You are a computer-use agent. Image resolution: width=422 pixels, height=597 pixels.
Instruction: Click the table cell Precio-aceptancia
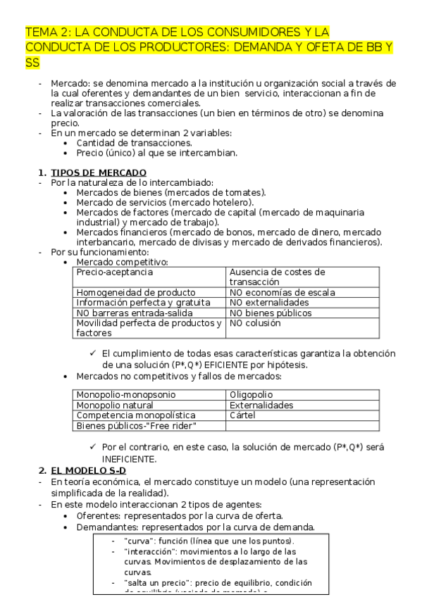coord(114,272)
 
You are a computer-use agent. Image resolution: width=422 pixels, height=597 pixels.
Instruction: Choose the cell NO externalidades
coord(268,303)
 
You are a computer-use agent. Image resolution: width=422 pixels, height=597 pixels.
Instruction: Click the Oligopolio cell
coord(251,395)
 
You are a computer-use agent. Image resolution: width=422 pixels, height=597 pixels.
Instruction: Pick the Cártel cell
coord(242,415)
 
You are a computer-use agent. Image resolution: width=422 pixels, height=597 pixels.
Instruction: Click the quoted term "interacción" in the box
coord(147,551)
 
